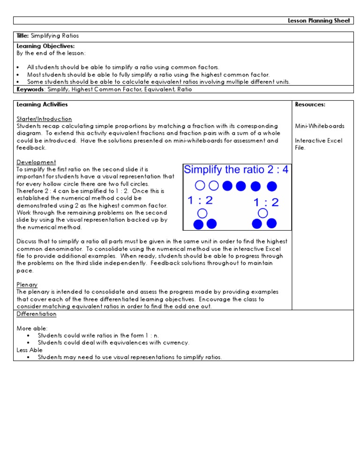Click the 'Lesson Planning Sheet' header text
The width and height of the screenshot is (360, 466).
319,21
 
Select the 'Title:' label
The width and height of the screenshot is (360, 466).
22,36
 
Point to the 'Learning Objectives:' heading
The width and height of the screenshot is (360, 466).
39,46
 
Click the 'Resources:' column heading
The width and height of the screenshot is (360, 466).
310,105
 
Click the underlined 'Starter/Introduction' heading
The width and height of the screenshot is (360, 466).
44,119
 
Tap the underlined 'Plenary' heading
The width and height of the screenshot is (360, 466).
27,285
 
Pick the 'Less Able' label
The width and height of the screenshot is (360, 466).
30,350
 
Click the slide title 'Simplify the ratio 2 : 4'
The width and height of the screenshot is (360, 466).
236,170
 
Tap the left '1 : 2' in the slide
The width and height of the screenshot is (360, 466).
200,201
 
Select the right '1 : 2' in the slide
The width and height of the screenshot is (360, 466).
266,202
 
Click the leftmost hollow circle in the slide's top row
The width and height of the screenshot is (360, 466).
200,186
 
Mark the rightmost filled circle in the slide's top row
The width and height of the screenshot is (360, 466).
272,187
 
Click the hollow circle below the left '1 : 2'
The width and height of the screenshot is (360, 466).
202,214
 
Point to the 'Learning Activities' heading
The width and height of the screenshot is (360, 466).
42,105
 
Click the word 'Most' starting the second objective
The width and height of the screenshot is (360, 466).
34,75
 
